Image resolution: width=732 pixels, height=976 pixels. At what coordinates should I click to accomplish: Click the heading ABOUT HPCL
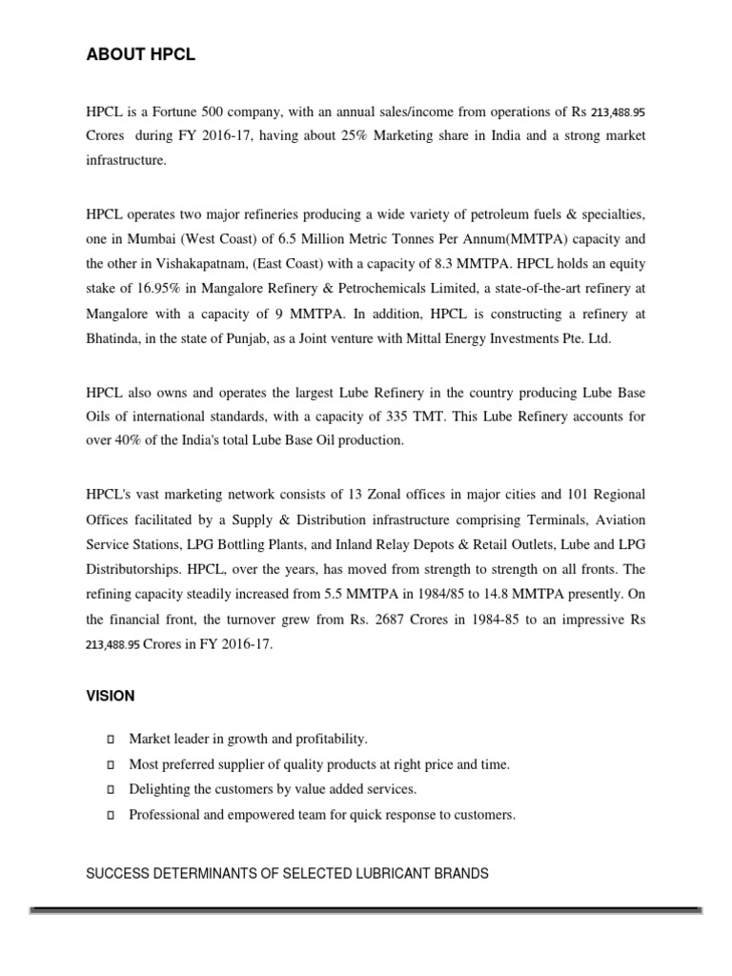pos(140,55)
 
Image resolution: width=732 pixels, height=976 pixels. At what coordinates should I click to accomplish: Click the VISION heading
pos(111,697)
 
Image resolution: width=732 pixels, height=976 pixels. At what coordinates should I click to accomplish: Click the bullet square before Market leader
pos(110,740)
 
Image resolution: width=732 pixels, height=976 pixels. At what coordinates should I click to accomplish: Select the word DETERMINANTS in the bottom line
pos(215,873)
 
